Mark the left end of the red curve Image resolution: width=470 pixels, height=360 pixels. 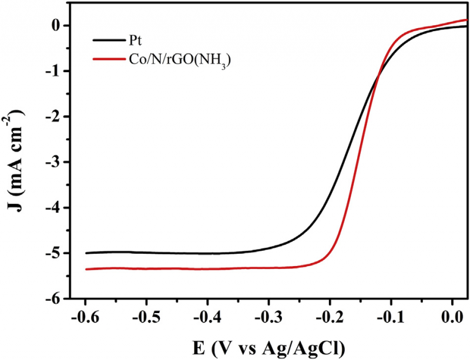pos(86,269)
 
